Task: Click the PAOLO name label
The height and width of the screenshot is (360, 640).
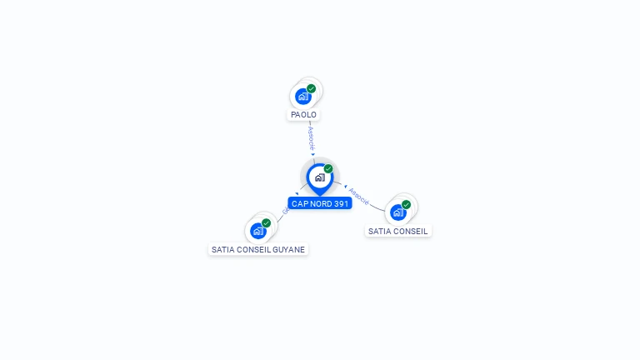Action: tap(303, 115)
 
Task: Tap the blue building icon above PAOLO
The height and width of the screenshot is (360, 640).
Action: tap(303, 97)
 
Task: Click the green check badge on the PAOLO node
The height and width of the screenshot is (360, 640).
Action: tap(312, 88)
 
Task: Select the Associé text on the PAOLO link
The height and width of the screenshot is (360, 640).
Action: tap(311, 138)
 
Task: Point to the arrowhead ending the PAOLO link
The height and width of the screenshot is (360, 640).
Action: tap(313, 154)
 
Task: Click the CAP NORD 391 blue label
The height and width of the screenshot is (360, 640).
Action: tap(320, 203)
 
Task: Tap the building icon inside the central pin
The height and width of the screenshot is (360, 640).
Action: tap(319, 177)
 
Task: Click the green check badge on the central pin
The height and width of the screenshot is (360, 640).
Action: tap(328, 168)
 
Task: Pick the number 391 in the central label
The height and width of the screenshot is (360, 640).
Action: tap(341, 203)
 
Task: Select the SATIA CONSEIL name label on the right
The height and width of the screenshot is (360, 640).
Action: tap(398, 231)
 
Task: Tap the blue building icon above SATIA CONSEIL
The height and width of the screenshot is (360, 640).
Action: tap(397, 212)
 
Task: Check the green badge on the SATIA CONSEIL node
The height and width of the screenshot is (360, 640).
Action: tap(407, 204)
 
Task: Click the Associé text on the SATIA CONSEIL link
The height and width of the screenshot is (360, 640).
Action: tap(358, 196)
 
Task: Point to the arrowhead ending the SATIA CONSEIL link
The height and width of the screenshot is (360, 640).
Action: tap(345, 186)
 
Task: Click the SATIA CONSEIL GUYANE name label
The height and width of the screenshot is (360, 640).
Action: tap(258, 249)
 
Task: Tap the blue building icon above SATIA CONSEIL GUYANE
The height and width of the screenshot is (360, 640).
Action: tap(257, 231)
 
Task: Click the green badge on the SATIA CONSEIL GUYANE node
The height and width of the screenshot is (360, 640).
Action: tap(267, 222)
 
